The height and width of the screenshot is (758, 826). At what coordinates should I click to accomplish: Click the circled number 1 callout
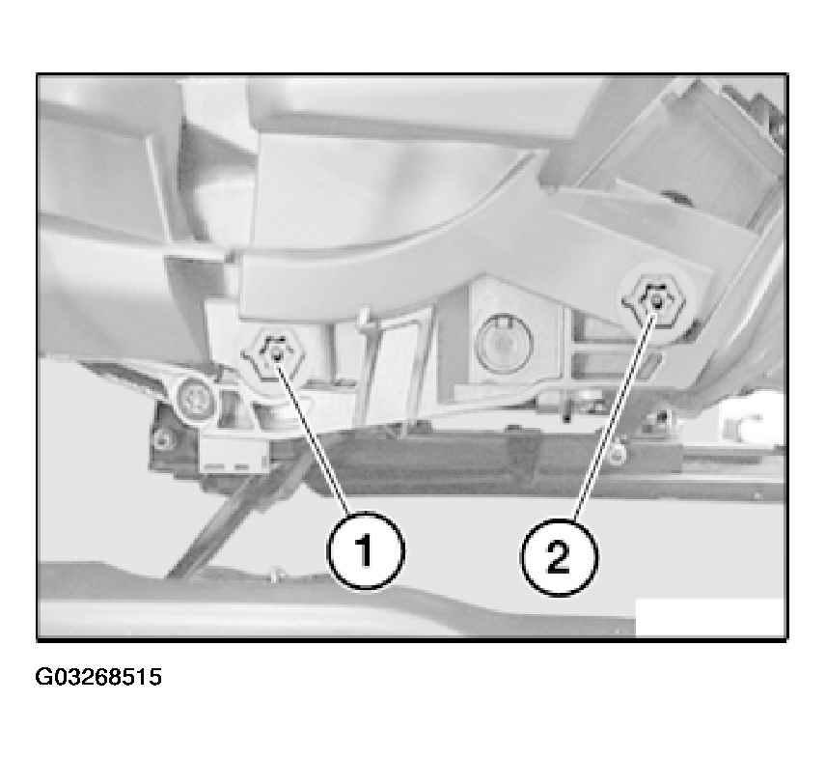click(366, 550)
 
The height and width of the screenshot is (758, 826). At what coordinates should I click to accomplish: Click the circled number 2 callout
click(559, 558)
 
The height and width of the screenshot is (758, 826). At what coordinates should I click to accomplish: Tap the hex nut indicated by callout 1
click(274, 356)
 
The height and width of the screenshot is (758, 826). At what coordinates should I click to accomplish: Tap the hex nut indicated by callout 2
click(654, 301)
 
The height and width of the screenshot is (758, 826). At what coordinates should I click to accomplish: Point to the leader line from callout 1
click(313, 435)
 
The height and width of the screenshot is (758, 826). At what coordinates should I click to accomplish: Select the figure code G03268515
click(98, 677)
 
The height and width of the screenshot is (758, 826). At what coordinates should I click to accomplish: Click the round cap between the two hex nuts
click(504, 343)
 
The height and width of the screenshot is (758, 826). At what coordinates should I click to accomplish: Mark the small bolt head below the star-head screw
click(164, 438)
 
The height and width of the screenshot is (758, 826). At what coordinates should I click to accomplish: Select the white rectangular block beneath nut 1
click(235, 452)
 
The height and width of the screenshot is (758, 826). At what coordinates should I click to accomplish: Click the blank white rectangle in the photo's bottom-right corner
click(710, 617)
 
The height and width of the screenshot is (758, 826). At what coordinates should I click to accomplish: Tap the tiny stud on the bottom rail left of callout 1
click(273, 575)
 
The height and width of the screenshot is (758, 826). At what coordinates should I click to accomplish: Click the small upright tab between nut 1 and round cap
click(363, 318)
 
